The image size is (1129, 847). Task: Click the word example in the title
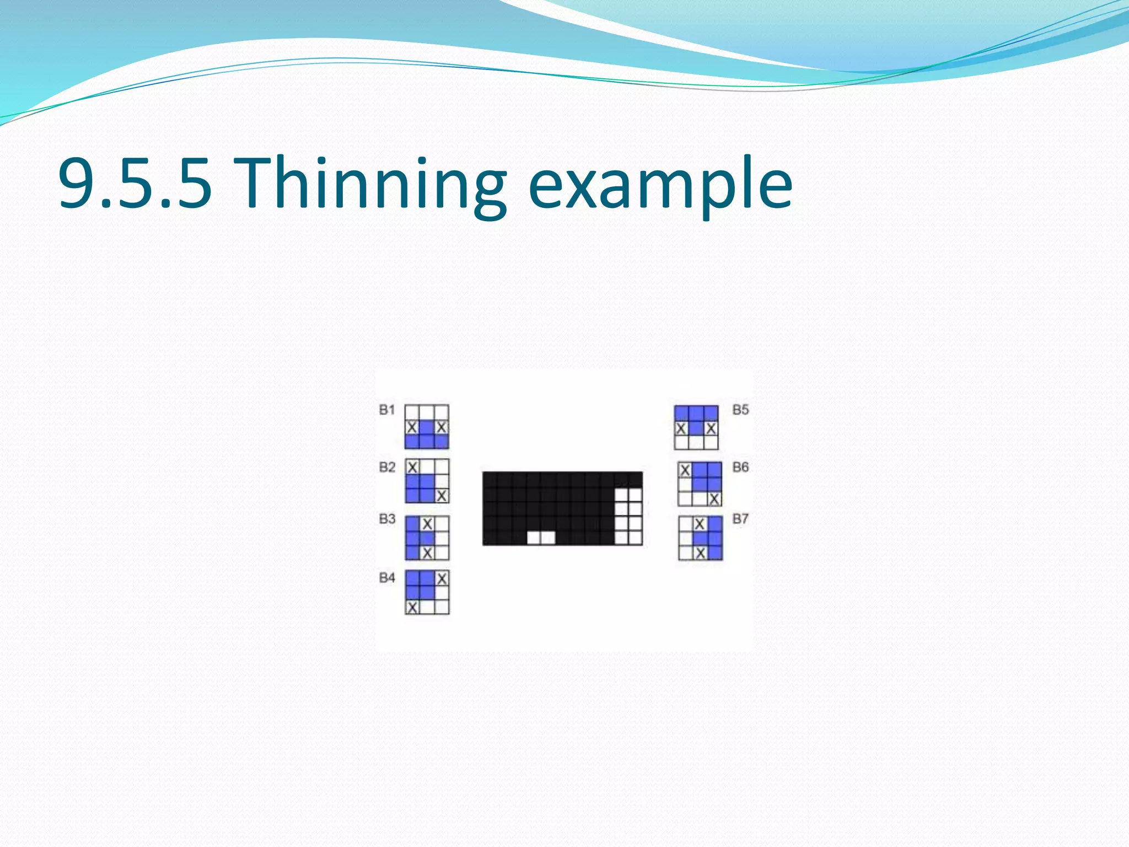click(660, 184)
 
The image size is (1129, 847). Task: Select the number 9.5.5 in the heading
click(135, 184)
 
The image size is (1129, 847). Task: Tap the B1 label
click(387, 410)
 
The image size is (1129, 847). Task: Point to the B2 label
click(387, 468)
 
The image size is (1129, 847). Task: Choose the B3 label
click(387, 519)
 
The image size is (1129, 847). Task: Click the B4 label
click(387, 578)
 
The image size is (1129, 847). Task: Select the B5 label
click(740, 410)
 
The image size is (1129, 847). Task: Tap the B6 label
click(740, 468)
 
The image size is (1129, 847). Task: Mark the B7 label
click(740, 519)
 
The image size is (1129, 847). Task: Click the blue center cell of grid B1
click(427, 427)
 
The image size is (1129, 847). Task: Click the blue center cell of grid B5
click(696, 428)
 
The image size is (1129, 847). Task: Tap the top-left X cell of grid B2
click(412, 467)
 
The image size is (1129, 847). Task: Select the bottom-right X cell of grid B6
click(714, 499)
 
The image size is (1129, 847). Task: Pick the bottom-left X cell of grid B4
click(412, 607)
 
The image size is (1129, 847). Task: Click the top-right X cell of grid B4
click(442, 578)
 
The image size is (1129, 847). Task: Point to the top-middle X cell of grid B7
click(700, 523)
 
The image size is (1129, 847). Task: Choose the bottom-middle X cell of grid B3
click(427, 553)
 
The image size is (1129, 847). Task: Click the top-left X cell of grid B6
click(685, 470)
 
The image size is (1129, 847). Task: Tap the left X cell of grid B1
click(412, 427)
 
